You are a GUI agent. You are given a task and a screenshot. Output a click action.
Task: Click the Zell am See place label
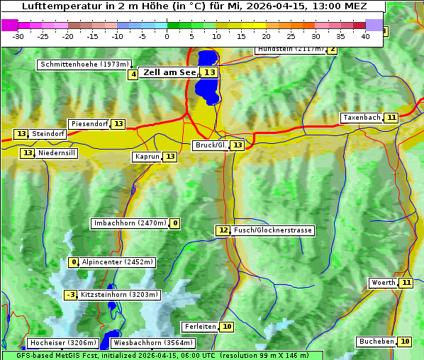tap(169, 72)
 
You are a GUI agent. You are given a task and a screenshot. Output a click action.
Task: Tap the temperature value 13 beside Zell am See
tap(209, 72)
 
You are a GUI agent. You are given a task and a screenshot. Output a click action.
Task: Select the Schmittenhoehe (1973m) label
tap(84, 64)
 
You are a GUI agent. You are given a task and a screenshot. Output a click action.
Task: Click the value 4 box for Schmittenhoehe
tap(133, 74)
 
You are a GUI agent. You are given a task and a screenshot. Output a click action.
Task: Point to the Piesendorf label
tap(89, 124)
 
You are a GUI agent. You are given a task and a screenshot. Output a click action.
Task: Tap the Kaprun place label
tap(147, 157)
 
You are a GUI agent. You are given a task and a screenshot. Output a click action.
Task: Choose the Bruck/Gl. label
tap(211, 145)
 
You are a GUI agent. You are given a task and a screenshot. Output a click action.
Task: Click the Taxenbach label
tap(362, 118)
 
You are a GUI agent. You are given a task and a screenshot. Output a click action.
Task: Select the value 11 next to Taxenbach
tap(391, 118)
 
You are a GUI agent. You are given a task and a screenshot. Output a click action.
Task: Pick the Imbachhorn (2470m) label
tap(130, 223)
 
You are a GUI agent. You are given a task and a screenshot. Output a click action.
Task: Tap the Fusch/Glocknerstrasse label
tap(273, 230)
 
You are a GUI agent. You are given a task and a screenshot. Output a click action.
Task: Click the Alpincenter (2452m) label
tap(117, 262)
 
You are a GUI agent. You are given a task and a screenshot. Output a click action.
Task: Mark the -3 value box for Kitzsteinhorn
tap(70, 295)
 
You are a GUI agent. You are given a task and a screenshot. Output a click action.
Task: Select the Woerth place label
tap(384, 283)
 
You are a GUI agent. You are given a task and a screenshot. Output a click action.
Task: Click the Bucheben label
tap(376, 342)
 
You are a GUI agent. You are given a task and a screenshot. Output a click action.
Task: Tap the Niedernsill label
tap(57, 153)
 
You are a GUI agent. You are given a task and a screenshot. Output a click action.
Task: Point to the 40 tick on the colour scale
tap(366, 35)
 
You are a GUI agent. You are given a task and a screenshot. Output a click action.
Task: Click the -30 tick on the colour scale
tap(18, 35)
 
